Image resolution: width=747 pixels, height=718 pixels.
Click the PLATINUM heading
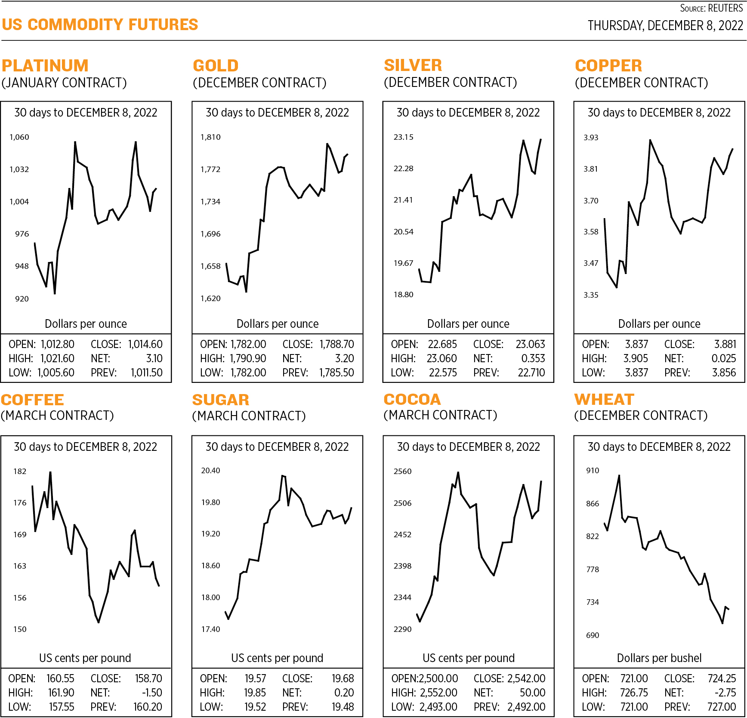tap(45, 66)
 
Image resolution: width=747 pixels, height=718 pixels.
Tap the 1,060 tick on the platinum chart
tap(19, 137)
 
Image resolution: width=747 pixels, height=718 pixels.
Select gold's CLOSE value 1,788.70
tap(336, 344)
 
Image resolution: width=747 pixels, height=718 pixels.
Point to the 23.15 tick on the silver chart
tap(403, 137)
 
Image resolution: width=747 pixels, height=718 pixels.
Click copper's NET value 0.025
tap(724, 358)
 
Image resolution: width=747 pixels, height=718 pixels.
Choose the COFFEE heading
tap(33, 400)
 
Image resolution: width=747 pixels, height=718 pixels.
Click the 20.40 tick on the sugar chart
tap(210, 471)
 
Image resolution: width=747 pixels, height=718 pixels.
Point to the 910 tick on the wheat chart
tap(593, 471)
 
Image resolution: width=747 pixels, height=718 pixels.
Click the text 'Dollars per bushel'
tap(659, 658)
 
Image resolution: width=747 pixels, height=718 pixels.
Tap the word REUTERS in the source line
tap(725, 8)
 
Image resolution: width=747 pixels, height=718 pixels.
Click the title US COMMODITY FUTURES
tap(100, 25)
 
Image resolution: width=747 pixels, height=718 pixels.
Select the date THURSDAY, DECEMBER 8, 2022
tap(665, 26)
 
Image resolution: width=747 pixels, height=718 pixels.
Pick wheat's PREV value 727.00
tap(722, 707)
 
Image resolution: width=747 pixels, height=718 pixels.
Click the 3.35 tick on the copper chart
tap(591, 295)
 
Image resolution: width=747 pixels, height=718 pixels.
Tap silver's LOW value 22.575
tap(443, 373)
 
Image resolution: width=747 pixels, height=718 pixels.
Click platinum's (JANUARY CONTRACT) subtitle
tap(64, 83)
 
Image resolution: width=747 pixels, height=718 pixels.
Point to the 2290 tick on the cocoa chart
tap(403, 629)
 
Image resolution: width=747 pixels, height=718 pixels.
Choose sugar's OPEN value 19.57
tap(255, 678)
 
